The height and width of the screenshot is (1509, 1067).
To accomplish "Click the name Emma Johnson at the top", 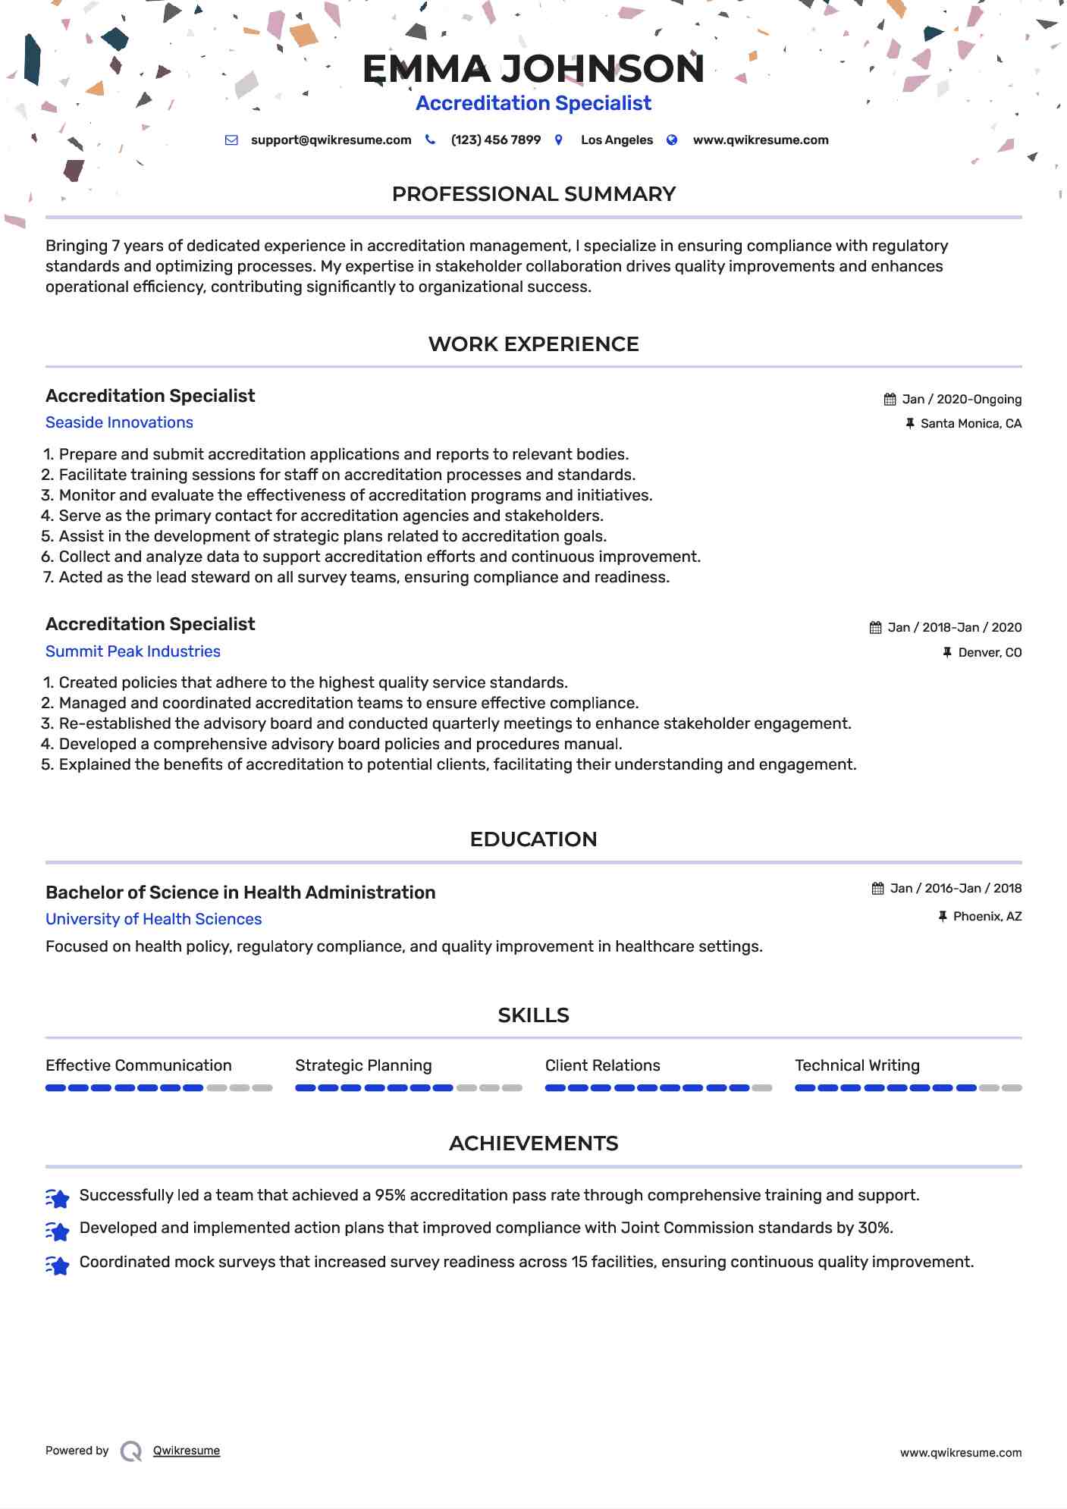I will point(533,69).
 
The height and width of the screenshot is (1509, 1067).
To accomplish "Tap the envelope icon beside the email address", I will point(232,140).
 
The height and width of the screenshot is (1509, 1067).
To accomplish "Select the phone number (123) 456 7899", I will point(495,140).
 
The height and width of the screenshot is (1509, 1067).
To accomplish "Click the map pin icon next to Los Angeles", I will point(559,140).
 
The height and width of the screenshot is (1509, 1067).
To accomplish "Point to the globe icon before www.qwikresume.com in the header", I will point(672,140).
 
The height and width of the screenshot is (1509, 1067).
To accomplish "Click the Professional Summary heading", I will point(533,194).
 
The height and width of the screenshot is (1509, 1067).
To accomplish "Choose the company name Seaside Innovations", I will point(119,422).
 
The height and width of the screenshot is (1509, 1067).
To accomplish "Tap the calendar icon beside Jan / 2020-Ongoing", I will point(890,400).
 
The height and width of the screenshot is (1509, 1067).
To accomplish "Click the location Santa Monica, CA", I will point(971,424).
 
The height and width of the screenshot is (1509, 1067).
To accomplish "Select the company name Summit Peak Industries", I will point(133,651).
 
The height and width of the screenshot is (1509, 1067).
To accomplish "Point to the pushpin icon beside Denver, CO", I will point(947,652).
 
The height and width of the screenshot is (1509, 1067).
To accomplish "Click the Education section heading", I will point(533,839).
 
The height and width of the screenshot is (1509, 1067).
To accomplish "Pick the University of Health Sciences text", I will point(153,919).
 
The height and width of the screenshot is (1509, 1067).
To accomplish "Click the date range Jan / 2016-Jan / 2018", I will point(956,889).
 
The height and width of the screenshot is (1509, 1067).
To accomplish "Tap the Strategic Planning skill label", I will point(363,1065).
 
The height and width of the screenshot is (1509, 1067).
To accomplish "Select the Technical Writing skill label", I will point(857,1065).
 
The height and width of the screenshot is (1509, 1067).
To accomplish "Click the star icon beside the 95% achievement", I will point(58,1197).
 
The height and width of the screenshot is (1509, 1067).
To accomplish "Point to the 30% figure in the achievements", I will point(874,1228).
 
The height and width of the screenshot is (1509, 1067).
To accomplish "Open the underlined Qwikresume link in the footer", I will point(187,1451).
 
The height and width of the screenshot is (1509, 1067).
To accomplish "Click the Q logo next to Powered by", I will point(131,1451).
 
